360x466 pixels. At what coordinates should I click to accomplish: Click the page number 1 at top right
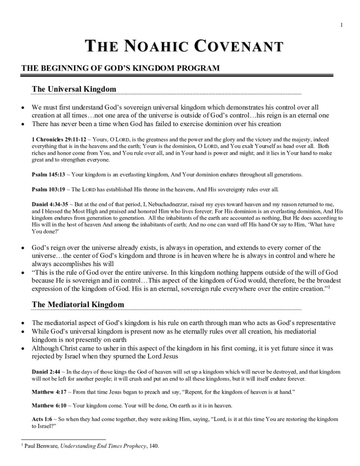point(341,25)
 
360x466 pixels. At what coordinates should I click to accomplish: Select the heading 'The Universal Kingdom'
point(74,89)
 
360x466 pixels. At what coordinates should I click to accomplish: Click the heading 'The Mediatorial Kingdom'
point(78,304)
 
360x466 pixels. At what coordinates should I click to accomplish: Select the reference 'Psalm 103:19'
point(46,189)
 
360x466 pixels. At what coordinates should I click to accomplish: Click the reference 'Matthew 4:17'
point(48,391)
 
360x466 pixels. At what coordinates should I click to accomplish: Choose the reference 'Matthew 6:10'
point(48,405)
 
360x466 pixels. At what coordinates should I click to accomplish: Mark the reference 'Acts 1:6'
point(42,419)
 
